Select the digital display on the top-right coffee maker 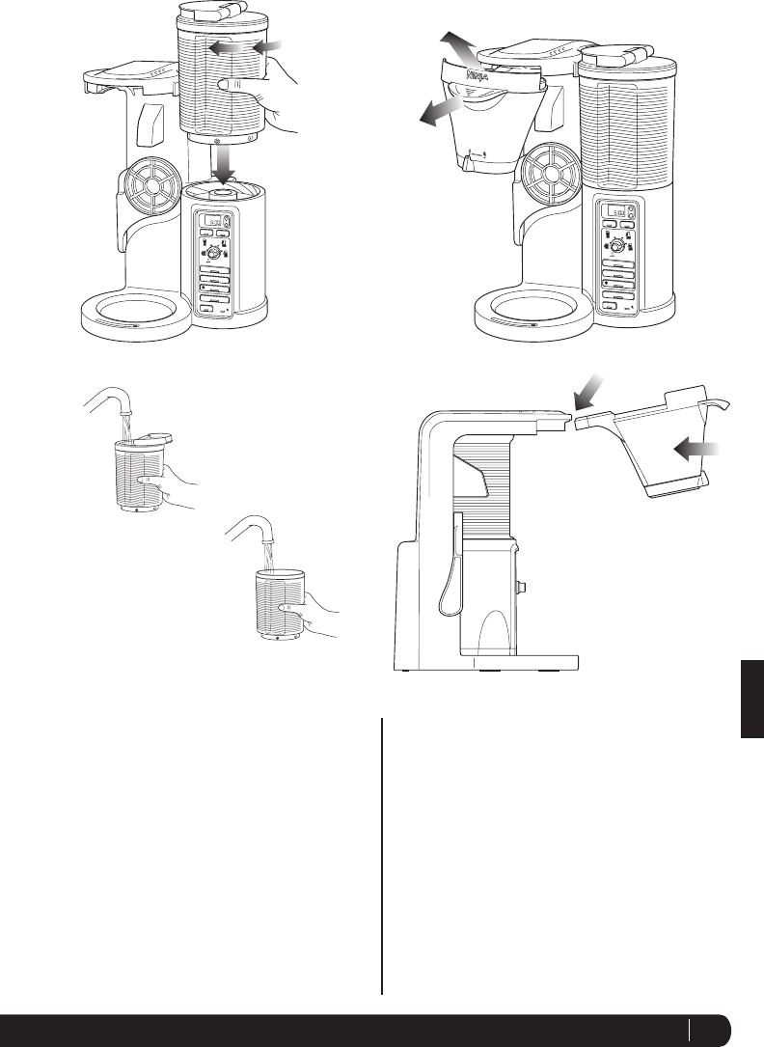(x=610, y=213)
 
